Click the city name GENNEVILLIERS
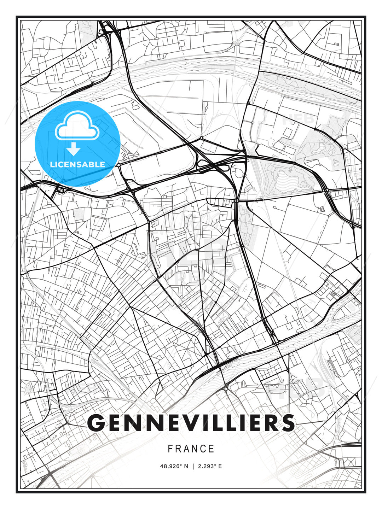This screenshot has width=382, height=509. [x=191, y=422]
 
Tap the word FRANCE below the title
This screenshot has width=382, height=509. [x=191, y=449]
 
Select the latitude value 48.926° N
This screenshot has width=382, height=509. [x=174, y=466]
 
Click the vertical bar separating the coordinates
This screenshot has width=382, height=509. [x=193, y=466]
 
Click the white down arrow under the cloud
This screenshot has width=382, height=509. [x=74, y=150]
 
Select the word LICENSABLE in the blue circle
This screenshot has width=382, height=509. [x=77, y=164]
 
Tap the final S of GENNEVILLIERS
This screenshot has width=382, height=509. [x=288, y=423]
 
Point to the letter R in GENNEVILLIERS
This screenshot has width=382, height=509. [x=270, y=423]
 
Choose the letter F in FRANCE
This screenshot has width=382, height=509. [x=170, y=449]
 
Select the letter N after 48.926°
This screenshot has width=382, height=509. [x=186, y=466]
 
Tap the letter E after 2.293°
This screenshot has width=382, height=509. [x=220, y=466]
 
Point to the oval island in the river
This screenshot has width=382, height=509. [x=343, y=311]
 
